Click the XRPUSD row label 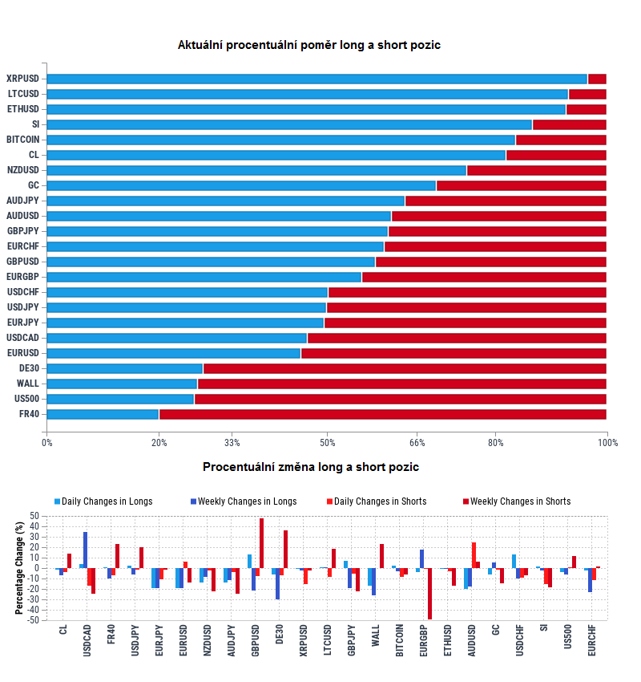tap(22, 79)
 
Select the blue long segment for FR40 tap(103, 414)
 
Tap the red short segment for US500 tap(400, 399)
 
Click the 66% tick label tap(417, 442)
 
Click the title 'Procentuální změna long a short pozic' tap(311, 467)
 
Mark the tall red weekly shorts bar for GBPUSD tap(261, 543)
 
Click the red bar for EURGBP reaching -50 tap(429, 594)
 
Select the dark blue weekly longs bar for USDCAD tap(86, 550)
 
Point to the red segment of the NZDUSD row tap(536, 170)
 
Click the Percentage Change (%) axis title tap(19, 567)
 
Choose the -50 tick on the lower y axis tap(33, 619)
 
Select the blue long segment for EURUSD tap(174, 353)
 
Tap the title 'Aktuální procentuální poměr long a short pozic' tap(309, 46)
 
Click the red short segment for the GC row tap(521, 185)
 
